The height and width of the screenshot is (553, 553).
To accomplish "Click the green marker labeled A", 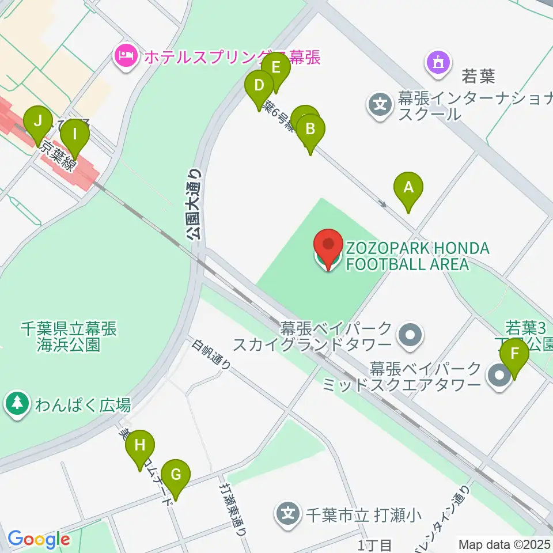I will [408, 188].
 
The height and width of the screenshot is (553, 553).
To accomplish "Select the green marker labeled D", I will [259, 87].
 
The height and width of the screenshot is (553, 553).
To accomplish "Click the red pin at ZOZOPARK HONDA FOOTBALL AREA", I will [329, 247].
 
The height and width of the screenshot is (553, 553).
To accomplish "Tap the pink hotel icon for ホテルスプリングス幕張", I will [125, 56].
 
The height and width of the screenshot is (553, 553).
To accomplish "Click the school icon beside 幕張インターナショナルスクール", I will [380, 105].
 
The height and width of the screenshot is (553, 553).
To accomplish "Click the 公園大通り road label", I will [194, 203].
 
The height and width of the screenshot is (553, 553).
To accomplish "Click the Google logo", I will [38, 540].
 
